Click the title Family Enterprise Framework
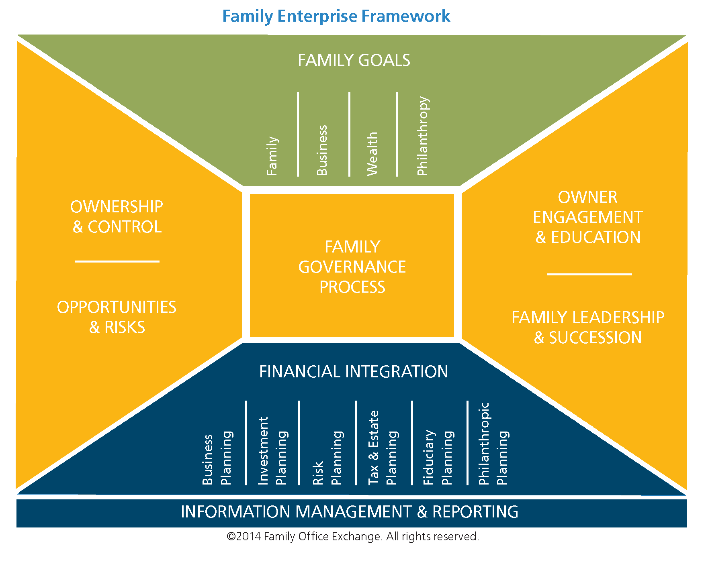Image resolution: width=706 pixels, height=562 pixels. point(336,16)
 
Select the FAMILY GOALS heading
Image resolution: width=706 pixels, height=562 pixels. point(354,60)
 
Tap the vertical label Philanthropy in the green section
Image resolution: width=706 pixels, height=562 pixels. point(423,136)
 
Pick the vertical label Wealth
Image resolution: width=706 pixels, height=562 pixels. point(372,154)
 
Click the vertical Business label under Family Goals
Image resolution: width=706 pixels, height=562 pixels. point(322,151)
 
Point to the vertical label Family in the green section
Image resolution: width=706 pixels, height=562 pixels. point(272,156)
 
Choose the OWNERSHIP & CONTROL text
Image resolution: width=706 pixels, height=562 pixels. point(117,217)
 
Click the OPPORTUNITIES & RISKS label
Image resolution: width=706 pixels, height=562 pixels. point(117,317)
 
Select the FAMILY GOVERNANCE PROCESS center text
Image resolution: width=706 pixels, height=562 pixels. point(352,267)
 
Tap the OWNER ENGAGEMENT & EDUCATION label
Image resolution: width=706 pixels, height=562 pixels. point(587,217)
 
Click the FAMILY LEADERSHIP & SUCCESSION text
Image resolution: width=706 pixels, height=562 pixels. point(588,328)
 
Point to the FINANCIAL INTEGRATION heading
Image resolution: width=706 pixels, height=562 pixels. point(354,372)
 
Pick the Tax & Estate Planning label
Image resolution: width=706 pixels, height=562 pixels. point(383,448)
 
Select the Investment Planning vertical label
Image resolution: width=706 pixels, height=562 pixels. point(272,451)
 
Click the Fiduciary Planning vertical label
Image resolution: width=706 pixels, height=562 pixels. point(438,457)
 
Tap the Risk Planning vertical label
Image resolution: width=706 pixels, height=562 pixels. point(327,458)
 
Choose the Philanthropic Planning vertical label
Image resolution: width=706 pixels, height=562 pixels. point(493,444)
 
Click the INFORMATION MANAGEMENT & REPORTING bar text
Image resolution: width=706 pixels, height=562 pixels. point(350,512)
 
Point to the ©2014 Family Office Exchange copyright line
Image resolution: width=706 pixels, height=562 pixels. point(353,537)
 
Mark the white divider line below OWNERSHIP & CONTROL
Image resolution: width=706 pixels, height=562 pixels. point(117,261)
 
